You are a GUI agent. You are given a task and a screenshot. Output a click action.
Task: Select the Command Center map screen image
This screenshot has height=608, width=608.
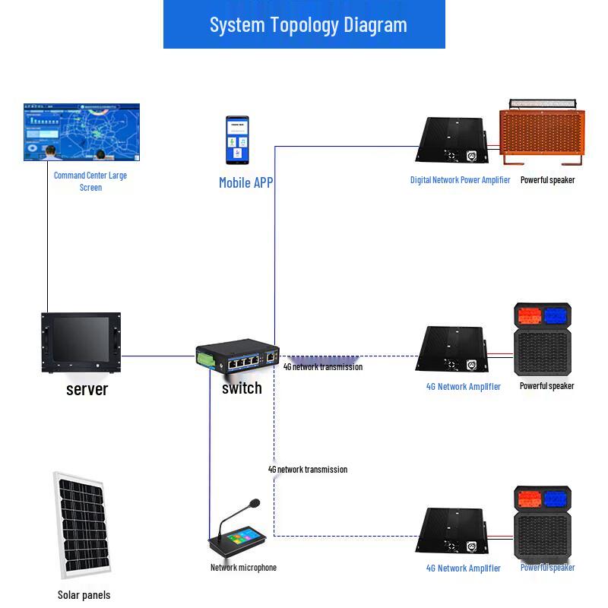click(x=82, y=133)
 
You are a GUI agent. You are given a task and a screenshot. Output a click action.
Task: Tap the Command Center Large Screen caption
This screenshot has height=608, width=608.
click(x=90, y=181)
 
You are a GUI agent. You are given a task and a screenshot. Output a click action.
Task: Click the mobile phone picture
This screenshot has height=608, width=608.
click(x=236, y=140)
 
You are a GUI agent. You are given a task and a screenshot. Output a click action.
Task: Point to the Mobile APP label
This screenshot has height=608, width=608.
click(x=245, y=182)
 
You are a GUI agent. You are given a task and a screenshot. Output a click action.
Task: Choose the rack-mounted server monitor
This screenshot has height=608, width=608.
click(x=81, y=343)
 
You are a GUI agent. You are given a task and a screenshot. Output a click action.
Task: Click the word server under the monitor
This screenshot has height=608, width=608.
click(x=87, y=389)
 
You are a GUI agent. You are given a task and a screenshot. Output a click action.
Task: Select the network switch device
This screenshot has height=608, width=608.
click(x=237, y=359)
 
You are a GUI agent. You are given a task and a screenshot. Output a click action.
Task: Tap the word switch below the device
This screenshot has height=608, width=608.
click(x=242, y=388)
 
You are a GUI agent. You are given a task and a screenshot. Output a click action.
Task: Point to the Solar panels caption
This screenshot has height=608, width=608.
click(x=84, y=595)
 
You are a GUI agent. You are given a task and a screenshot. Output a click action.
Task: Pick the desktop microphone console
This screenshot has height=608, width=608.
click(x=238, y=531)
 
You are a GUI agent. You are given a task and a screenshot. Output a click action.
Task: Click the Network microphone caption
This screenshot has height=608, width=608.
click(x=243, y=568)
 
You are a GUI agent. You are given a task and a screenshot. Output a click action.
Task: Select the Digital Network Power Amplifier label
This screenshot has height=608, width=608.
click(x=460, y=180)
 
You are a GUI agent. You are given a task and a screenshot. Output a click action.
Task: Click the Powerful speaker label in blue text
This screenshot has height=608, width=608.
click(x=547, y=568)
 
